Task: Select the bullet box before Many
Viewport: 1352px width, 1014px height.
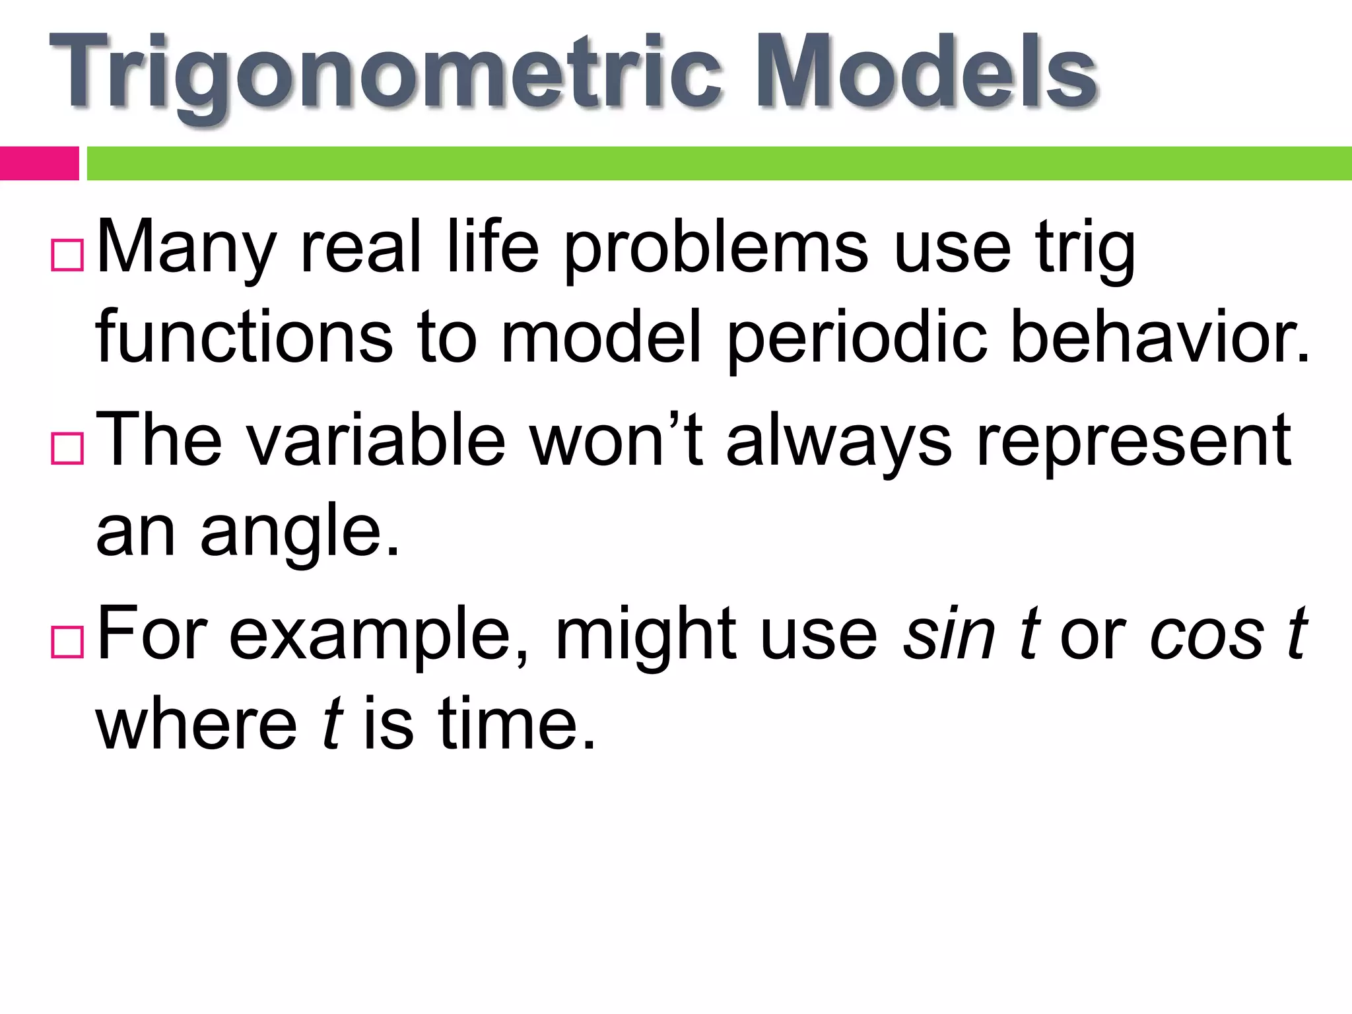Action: tap(67, 255)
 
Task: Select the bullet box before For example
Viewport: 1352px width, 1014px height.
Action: tap(67, 642)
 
